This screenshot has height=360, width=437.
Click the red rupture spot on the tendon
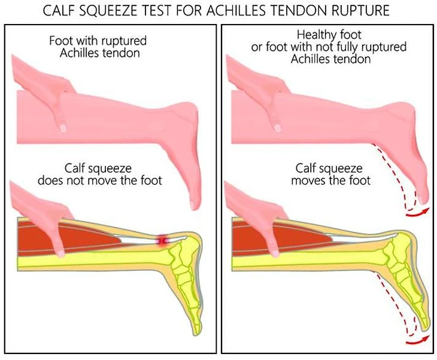tap(163, 240)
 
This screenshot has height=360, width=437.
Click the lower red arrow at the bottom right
tap(418, 341)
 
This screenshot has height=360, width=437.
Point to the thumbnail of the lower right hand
tap(275, 252)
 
